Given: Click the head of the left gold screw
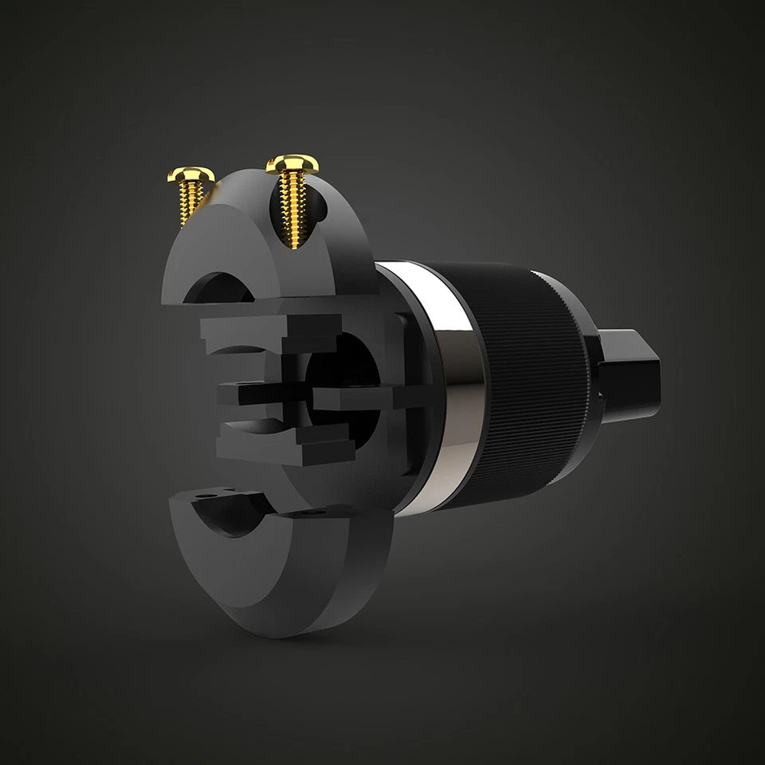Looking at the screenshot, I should [190, 174].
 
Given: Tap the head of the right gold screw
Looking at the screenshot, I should [292, 164].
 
